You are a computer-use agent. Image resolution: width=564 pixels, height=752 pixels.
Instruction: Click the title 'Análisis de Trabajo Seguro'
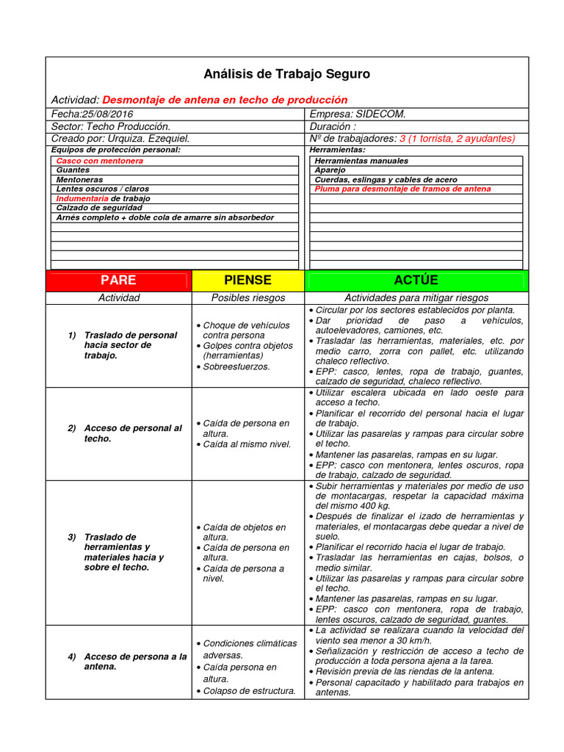coord(286,74)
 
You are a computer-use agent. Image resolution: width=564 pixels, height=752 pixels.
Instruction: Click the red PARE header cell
coord(118,281)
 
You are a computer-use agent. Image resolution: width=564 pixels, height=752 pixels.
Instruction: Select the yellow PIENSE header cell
coord(247,281)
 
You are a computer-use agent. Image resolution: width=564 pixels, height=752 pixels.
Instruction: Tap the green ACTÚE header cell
coord(416,281)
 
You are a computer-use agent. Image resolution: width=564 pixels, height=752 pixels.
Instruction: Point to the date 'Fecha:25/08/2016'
coord(93,114)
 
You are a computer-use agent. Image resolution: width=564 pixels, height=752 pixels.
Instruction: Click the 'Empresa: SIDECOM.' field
coord(358,114)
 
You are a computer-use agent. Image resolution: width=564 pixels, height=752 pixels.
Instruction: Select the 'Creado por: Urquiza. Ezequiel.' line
coord(120,138)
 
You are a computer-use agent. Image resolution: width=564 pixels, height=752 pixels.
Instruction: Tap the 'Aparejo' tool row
coord(330,170)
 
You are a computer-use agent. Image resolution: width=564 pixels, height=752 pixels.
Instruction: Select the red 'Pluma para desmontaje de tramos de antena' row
coord(402,189)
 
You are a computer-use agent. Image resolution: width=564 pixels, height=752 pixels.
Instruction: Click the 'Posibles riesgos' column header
coord(247,298)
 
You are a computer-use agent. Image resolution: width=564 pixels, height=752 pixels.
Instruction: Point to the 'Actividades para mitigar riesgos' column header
coord(416,298)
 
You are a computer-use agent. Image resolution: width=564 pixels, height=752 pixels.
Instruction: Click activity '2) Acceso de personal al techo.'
coord(132,433)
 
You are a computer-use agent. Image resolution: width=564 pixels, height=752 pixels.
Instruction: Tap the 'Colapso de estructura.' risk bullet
coord(249,690)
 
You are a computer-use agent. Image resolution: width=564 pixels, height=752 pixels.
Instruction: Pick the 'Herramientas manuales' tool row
coord(361,160)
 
